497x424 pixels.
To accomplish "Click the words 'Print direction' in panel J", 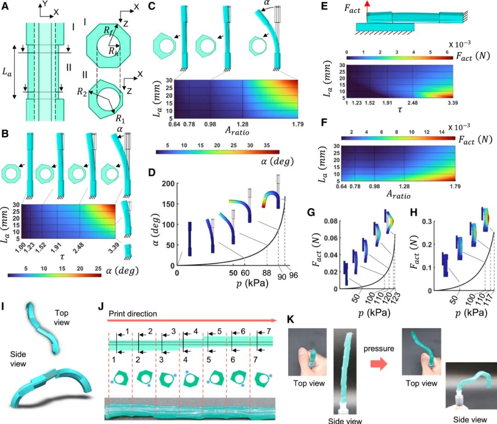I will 133,314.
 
